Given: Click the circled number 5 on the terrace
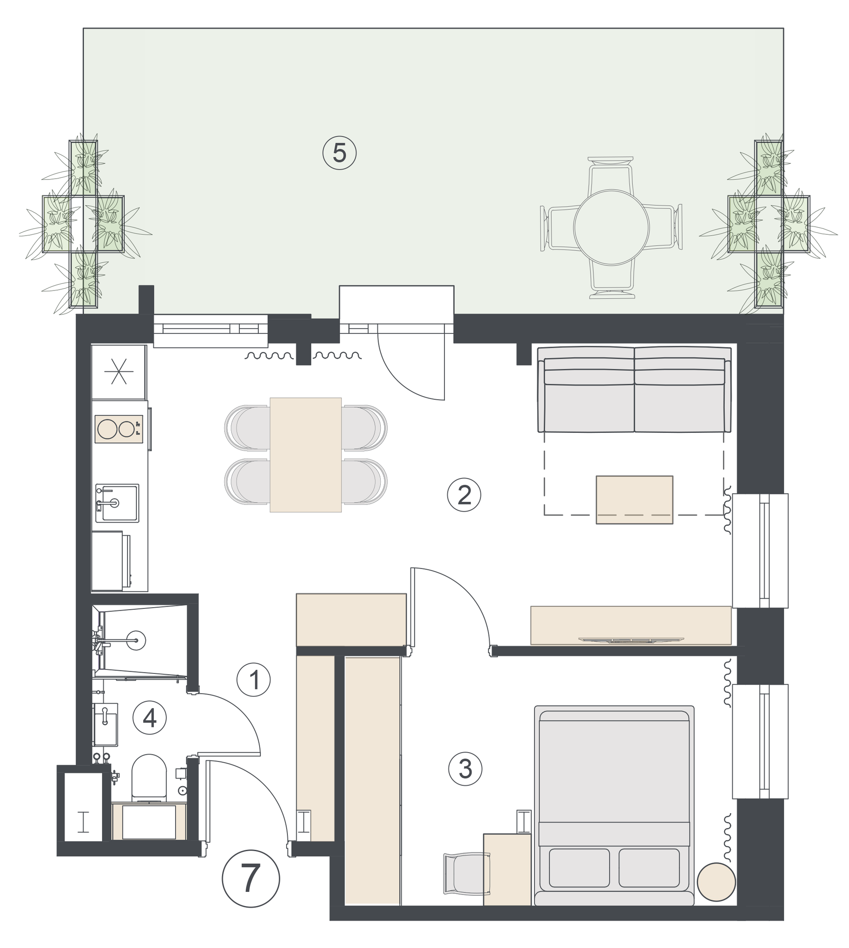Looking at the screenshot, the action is pyautogui.click(x=340, y=153).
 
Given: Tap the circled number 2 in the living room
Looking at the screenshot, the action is pyautogui.click(x=464, y=494).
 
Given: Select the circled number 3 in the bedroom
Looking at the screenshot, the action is pyautogui.click(x=465, y=768).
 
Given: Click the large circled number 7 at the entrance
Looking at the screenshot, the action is pyautogui.click(x=251, y=879).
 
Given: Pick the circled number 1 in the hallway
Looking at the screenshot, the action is pyautogui.click(x=254, y=680).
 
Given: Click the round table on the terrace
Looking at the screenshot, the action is pyautogui.click(x=611, y=227).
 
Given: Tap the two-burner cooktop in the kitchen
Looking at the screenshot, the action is pyautogui.click(x=119, y=429).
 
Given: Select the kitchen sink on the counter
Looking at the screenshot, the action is pyautogui.click(x=117, y=503).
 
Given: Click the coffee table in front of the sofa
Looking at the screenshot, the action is pyautogui.click(x=635, y=500).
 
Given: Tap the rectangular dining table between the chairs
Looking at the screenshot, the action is pyautogui.click(x=306, y=455).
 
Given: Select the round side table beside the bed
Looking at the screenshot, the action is pyautogui.click(x=716, y=882).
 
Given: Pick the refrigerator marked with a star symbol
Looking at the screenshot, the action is pyautogui.click(x=119, y=372).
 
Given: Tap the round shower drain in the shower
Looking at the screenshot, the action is pyautogui.click(x=136, y=640).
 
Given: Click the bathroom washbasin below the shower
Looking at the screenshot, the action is pyautogui.click(x=105, y=724).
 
